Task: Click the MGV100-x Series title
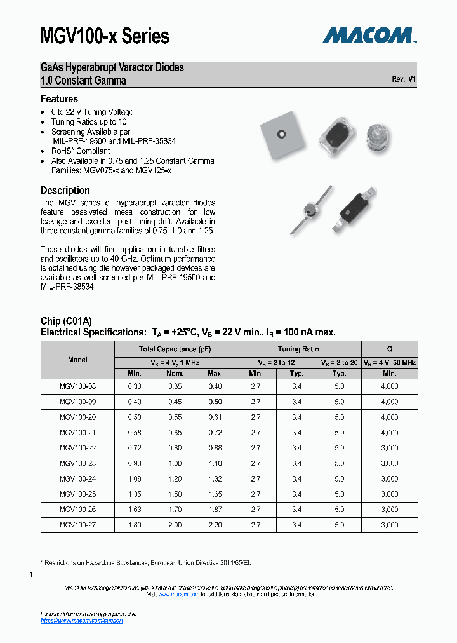coord(105,36)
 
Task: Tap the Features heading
coord(59,99)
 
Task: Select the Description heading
coord(65,191)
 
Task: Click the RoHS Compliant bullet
coord(81,151)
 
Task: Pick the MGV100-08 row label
coord(77,386)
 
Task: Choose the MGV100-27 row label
coord(77,525)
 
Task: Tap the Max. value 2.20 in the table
coord(215,525)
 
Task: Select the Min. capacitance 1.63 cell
coord(135,510)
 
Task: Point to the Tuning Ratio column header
coord(298,349)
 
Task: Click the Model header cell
coord(77,360)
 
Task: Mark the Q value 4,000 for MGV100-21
coord(389,433)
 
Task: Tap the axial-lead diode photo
coord(311,210)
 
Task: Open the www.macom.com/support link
coord(82,621)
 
